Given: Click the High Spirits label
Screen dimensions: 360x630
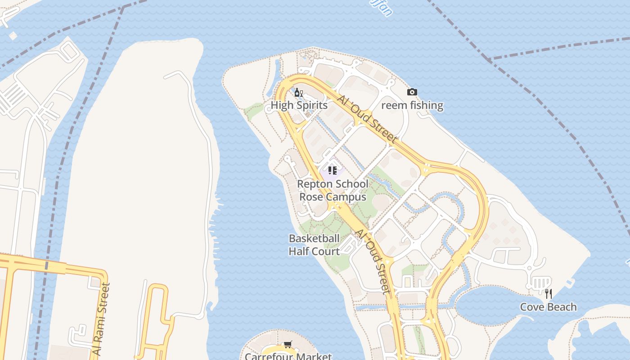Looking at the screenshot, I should click(299, 105).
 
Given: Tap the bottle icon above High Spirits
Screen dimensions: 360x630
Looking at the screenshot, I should click(298, 93).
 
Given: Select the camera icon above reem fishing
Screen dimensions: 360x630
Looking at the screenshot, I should click(412, 92).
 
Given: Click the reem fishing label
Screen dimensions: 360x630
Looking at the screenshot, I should click(412, 105).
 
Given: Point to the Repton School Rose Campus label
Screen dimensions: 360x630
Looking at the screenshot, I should click(333, 190).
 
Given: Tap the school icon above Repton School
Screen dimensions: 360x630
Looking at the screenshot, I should click(333, 171).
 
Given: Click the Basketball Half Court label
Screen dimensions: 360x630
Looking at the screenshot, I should click(314, 245).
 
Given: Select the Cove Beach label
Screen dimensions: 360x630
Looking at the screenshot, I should click(548, 307).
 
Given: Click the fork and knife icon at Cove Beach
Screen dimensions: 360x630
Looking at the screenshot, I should click(548, 294).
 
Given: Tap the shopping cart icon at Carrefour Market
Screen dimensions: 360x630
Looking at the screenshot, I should click(288, 345).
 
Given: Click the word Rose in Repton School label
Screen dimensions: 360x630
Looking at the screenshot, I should click(311, 197).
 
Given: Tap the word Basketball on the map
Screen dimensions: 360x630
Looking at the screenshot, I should click(314, 238).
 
